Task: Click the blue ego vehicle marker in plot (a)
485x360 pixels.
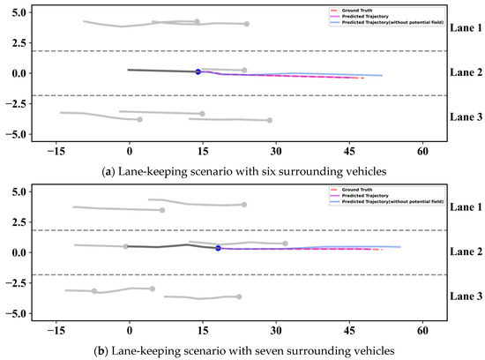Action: pos(198,71)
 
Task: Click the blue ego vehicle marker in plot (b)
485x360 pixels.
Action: pos(218,248)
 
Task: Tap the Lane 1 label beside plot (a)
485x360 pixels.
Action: pos(466,28)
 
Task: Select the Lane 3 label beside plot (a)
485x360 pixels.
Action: pos(466,116)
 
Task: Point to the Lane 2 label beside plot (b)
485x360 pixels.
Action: pos(466,251)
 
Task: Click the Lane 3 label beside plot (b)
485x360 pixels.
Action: pos(466,297)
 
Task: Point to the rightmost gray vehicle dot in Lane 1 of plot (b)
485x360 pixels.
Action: pos(243,205)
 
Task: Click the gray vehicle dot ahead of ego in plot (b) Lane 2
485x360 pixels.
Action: pos(285,244)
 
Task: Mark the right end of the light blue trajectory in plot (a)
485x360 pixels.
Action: pos(382,76)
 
